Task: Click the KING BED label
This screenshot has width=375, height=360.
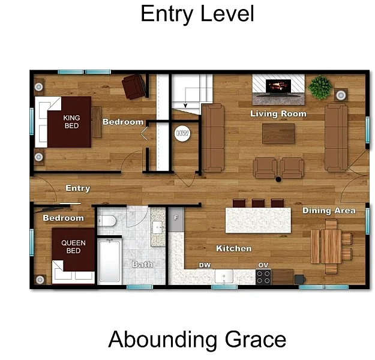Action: [71, 122]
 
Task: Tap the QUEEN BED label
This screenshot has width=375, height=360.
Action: [73, 247]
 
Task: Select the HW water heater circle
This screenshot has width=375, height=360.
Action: [182, 133]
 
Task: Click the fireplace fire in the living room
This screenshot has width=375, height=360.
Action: [278, 86]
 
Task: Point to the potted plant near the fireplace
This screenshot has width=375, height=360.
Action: [320, 87]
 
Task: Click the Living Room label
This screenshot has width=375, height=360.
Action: [278, 113]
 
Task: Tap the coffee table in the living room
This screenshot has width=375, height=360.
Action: [278, 133]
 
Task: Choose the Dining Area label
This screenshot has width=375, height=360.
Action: [329, 211]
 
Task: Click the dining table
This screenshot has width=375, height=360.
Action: [326, 247]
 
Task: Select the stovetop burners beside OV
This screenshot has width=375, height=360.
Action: [263, 277]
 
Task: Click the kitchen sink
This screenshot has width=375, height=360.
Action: [224, 277]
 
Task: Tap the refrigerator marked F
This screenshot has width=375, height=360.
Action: [176, 220]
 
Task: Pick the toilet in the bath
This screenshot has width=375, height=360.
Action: [107, 221]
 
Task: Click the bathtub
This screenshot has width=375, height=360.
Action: [110, 261]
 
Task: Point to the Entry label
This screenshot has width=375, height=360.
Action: [78, 188]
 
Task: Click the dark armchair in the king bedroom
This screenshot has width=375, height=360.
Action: [134, 86]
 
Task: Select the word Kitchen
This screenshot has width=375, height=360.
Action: [234, 248]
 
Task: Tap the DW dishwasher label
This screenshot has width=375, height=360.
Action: [205, 265]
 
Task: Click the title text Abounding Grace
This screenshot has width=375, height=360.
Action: [197, 340]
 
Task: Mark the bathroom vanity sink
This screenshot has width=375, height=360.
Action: [157, 227]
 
